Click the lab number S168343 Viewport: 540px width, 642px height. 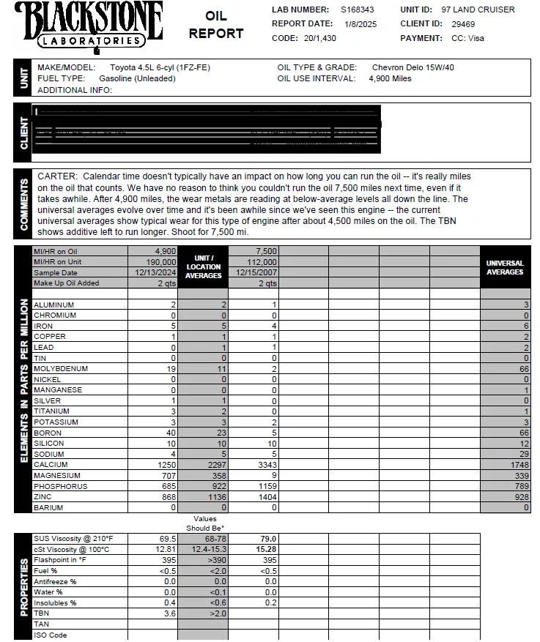pos(358,10)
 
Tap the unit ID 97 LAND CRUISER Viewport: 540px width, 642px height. pos(478,10)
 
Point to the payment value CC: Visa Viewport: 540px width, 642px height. pos(467,38)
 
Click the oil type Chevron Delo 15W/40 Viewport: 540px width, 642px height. pos(413,67)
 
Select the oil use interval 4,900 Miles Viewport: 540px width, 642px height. pos(390,78)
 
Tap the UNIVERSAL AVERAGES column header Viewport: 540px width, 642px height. pos(505,267)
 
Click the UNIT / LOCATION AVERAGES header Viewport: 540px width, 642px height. pos(203,267)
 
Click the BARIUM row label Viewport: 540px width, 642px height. pos(48,507)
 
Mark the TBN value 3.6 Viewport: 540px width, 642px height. pos(170,613)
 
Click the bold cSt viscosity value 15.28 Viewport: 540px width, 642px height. pos(265,549)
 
